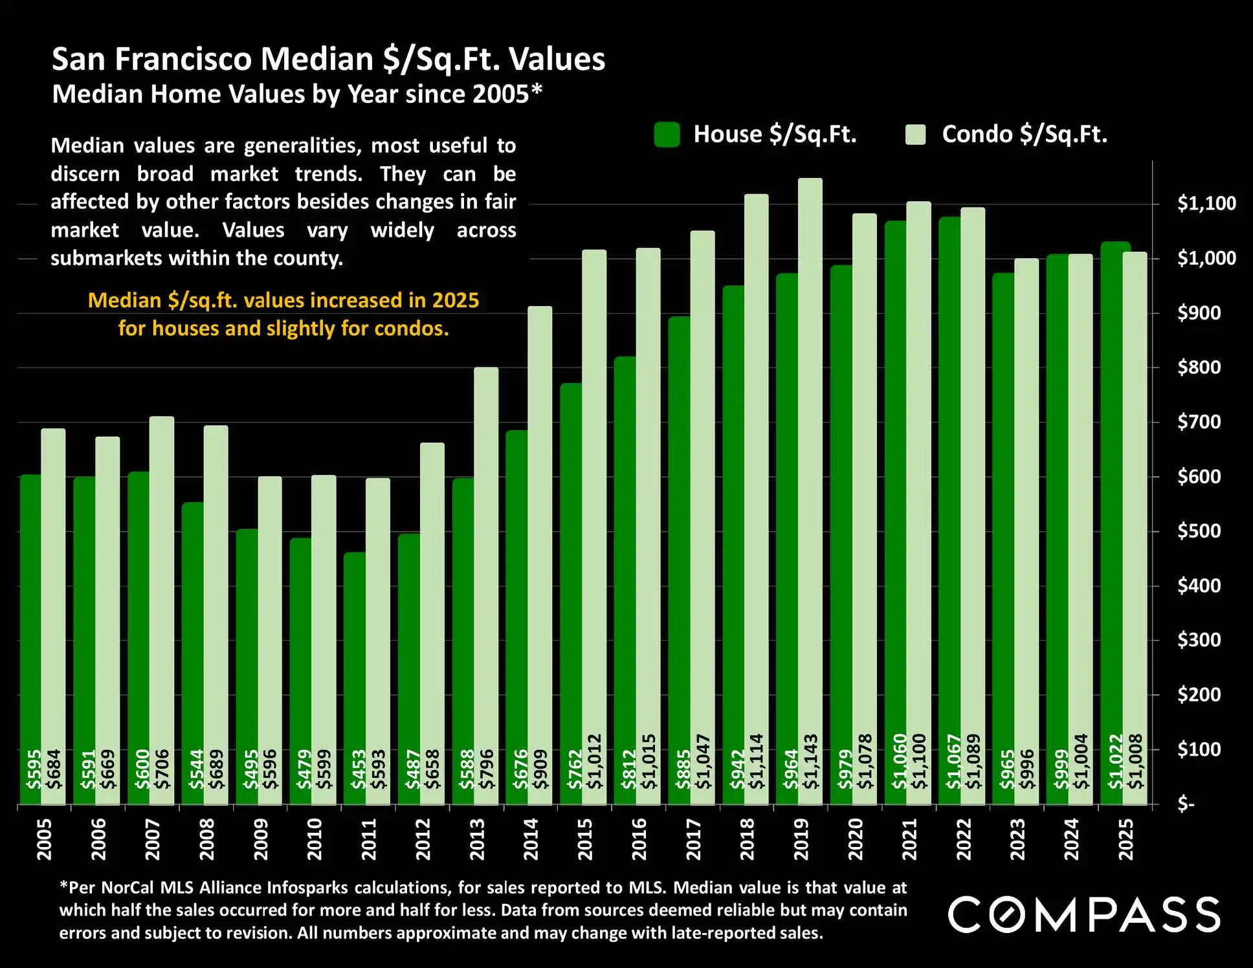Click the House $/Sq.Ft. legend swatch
pyautogui.click(x=667, y=135)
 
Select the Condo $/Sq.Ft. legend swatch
pyautogui.click(x=915, y=135)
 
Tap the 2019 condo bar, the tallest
pyautogui.click(x=810, y=453)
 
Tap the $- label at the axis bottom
pyautogui.click(x=1186, y=804)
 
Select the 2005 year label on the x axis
pyautogui.click(x=44, y=839)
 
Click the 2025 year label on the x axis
pyautogui.click(x=1126, y=839)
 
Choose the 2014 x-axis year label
pyautogui.click(x=531, y=839)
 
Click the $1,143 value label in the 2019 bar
pyautogui.click(x=810, y=762)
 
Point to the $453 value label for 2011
pyautogui.click(x=358, y=769)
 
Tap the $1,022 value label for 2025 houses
pyautogui.click(x=1115, y=762)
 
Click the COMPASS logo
pyautogui.click(x=1084, y=914)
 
